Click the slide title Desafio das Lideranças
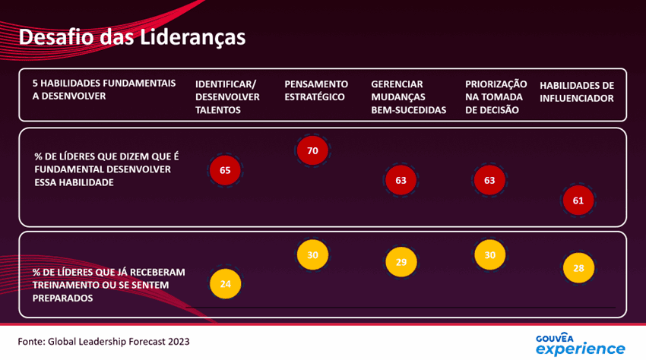(131, 37)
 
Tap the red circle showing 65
(225, 170)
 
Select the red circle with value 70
(312, 150)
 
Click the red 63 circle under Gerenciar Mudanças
(401, 181)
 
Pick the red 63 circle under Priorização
(489, 181)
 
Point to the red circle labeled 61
(578, 201)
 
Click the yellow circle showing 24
(225, 284)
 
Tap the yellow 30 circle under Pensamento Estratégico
(312, 255)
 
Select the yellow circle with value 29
(401, 262)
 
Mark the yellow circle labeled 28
(578, 268)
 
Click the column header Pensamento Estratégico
(315, 90)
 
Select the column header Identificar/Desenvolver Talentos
(227, 96)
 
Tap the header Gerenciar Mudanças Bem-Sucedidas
(408, 96)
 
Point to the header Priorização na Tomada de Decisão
(496, 96)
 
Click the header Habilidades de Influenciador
(576, 91)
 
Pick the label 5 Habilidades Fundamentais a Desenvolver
(103, 90)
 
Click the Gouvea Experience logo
(580, 343)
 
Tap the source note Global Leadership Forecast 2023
(103, 342)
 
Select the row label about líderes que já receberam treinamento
(109, 285)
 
